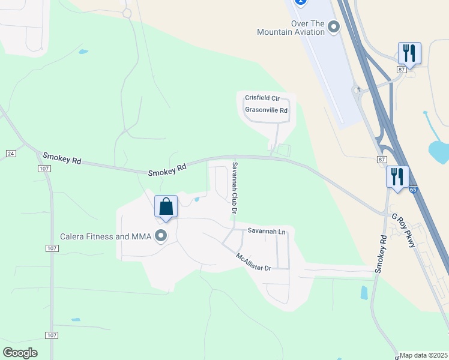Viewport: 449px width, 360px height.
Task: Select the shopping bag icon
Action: pos(166,207)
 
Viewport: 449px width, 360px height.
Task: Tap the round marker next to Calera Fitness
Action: pos(161,236)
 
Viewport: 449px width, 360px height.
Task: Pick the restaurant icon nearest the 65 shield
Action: pos(397,177)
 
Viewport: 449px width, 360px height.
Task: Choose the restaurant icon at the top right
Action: pos(409,53)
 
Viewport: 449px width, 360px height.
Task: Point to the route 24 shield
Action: pos(10,154)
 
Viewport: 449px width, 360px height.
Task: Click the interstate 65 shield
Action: pos(413,190)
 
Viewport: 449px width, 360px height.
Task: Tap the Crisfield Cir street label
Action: pos(263,98)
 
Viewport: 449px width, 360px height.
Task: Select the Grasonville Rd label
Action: pos(266,110)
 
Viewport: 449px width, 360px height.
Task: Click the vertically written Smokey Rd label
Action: pos(379,254)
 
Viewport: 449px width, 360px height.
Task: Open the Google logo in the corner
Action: pos(20,353)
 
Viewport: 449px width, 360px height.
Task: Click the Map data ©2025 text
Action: pos(424,355)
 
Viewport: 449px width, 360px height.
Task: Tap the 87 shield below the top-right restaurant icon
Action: pos(401,70)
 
